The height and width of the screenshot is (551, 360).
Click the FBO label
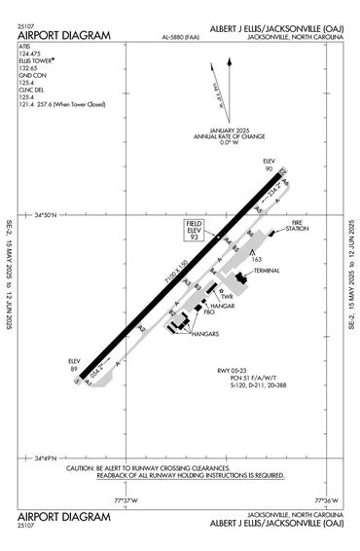[208, 312]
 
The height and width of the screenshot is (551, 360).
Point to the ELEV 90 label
[270, 165]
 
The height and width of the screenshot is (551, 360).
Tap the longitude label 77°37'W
[127, 500]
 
